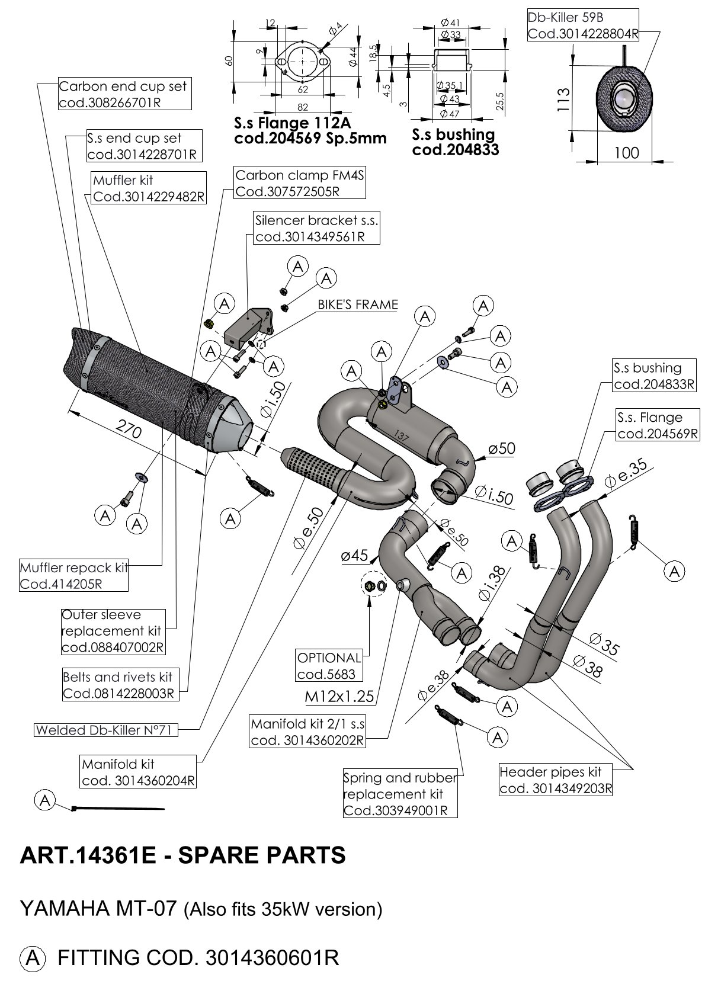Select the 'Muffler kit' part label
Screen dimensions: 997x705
[x=149, y=188]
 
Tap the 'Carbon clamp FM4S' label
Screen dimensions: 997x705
[x=299, y=183]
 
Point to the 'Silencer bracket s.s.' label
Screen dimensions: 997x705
[x=316, y=229]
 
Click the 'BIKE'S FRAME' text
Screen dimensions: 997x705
[x=357, y=305]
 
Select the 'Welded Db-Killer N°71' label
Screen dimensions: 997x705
[x=105, y=730]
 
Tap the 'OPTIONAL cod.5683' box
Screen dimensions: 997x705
[x=329, y=665]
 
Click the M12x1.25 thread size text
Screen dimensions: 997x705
[x=339, y=696]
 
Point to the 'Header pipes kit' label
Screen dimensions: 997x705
[x=555, y=780]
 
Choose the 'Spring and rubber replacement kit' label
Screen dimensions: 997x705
[x=400, y=793]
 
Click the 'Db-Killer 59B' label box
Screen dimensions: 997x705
[x=582, y=25]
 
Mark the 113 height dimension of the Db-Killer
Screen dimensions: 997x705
[x=563, y=100]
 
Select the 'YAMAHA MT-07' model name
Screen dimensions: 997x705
[x=98, y=908]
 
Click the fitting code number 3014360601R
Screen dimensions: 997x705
[x=271, y=957]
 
